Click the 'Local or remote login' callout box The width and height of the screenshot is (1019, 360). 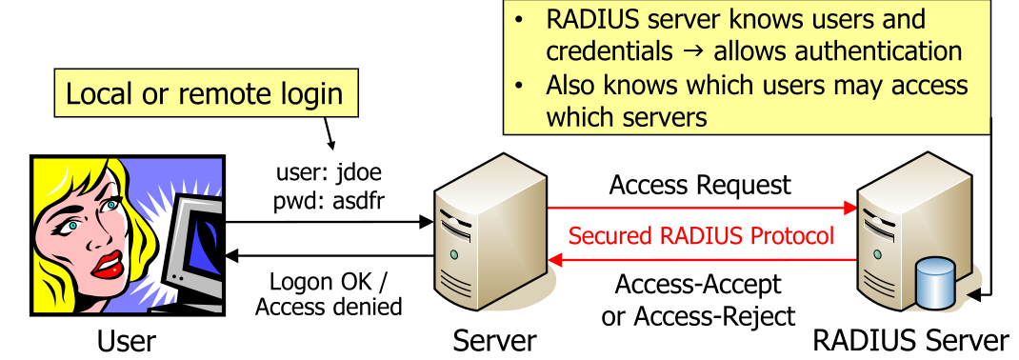click(x=204, y=93)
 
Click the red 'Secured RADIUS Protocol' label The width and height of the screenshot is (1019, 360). click(x=701, y=234)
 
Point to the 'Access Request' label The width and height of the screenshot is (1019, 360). click(x=700, y=184)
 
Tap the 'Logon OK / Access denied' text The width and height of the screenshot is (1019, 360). click(x=330, y=294)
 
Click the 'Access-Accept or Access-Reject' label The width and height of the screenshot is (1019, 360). click(x=698, y=299)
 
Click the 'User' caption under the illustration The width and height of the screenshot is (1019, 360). click(x=127, y=340)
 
